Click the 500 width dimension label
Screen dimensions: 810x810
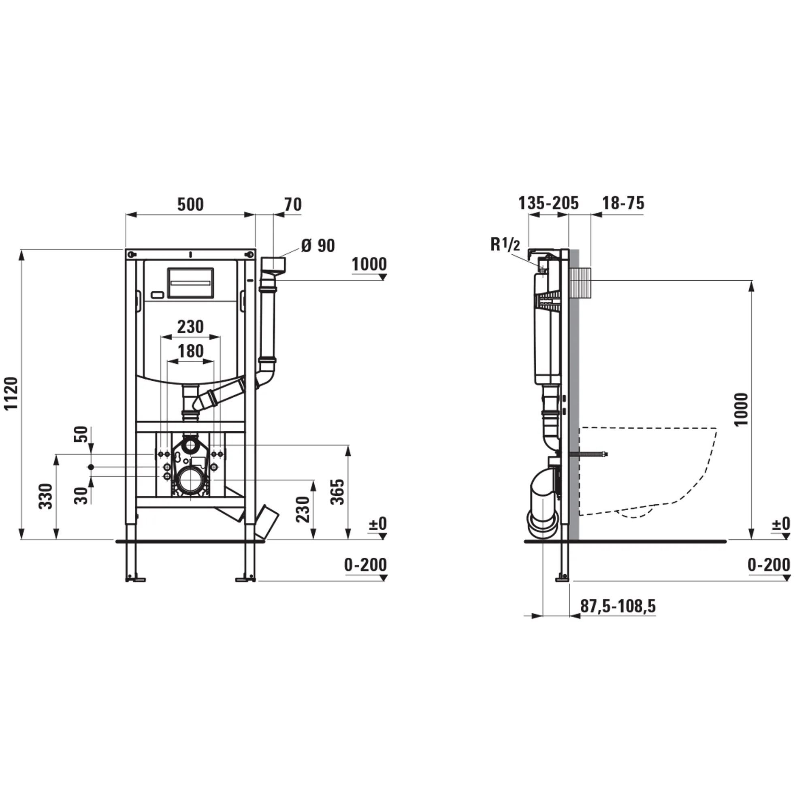pyautogui.click(x=190, y=205)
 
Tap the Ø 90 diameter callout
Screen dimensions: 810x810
pyautogui.click(x=318, y=246)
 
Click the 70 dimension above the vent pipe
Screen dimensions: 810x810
pyautogui.click(x=293, y=205)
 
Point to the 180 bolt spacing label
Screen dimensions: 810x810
pyautogui.click(x=191, y=351)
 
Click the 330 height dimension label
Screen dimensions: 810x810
pyautogui.click(x=46, y=497)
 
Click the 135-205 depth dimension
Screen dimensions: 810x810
pyautogui.click(x=548, y=203)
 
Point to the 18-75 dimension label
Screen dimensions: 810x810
pyautogui.click(x=623, y=203)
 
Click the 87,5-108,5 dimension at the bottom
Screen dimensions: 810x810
pyautogui.click(x=618, y=606)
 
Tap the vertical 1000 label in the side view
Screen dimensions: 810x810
pyautogui.click(x=741, y=409)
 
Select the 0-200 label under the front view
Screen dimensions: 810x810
pyautogui.click(x=365, y=565)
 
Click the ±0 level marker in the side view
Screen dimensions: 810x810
pyautogui.click(x=781, y=524)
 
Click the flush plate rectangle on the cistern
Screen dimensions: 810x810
pyautogui.click(x=190, y=283)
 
